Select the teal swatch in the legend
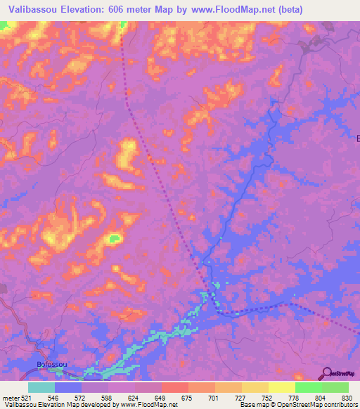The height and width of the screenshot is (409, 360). click(x=41, y=387)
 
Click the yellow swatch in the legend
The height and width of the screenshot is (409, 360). click(x=282, y=387)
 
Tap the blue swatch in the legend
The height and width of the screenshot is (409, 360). click(x=68, y=387)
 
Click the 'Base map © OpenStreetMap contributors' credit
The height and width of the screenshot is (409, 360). click(x=298, y=405)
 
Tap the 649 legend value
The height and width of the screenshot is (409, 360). click(x=162, y=397)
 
